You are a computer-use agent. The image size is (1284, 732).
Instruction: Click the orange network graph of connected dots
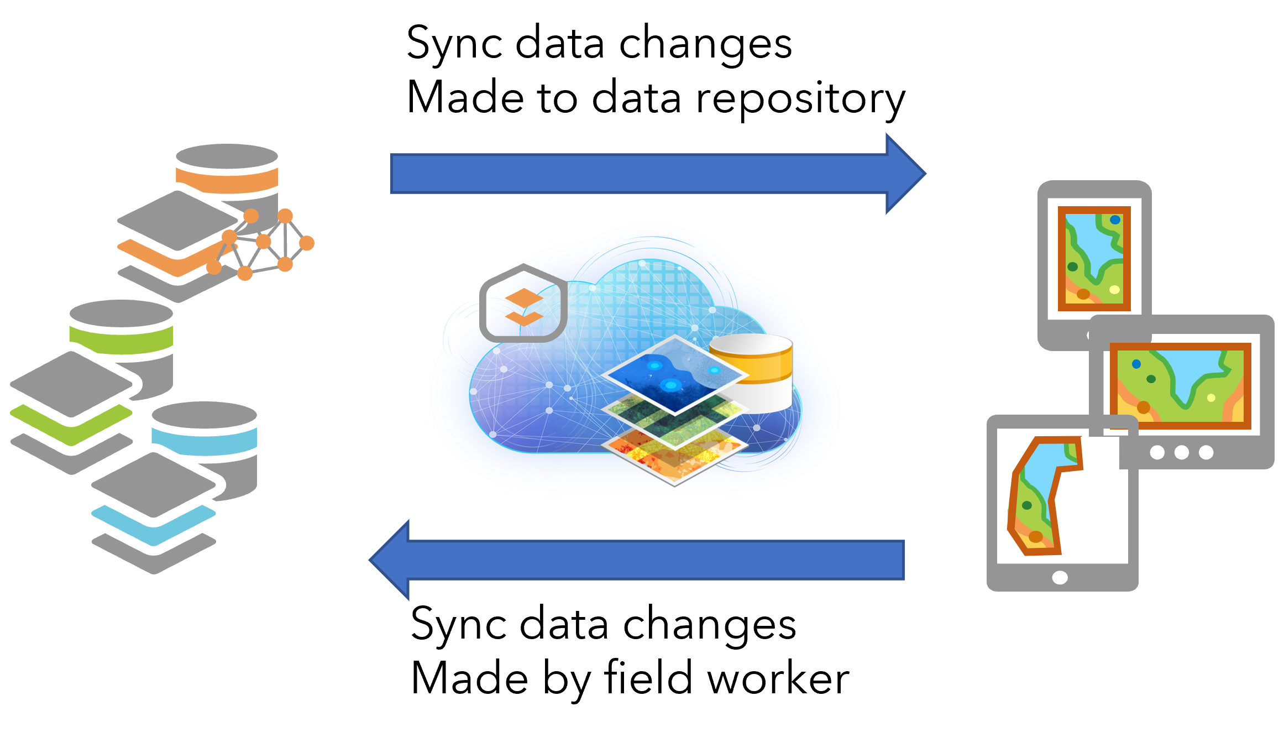[265, 243]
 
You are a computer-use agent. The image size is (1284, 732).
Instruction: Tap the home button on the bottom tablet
[1060, 578]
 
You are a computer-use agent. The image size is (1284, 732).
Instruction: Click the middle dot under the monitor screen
[1182, 452]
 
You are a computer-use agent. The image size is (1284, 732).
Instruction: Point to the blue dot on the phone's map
[1115, 219]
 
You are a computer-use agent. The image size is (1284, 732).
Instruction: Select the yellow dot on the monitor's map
[1211, 398]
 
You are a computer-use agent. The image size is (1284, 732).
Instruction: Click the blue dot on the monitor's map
[1136, 364]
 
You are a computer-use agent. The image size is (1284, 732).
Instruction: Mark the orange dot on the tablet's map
[1036, 536]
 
